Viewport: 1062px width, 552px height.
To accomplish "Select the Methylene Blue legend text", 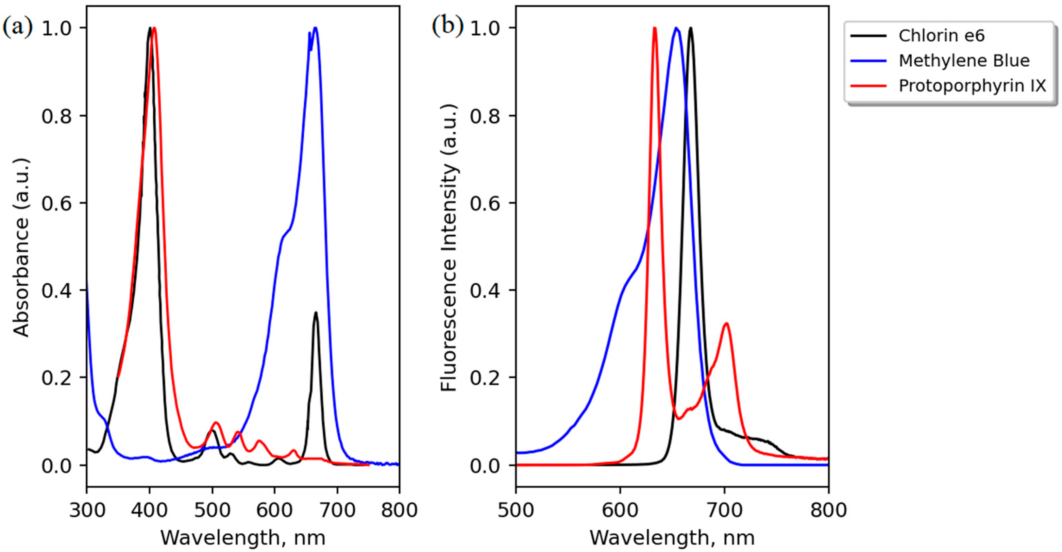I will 964,61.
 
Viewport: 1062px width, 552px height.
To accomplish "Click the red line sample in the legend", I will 868,86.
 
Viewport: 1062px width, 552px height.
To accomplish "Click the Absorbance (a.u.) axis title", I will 21,247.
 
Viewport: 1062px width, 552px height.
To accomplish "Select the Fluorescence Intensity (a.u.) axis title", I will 449,247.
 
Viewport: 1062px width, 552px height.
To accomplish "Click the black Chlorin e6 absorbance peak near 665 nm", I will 316,313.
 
